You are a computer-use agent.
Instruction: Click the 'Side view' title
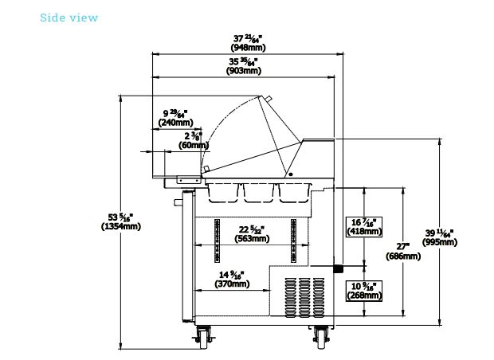[x=69, y=18]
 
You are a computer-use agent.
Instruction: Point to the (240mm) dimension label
[x=175, y=123]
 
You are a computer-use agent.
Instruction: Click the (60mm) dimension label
[x=194, y=145]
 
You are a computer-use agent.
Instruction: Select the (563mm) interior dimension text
[x=255, y=238]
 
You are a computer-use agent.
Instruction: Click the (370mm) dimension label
[x=232, y=284]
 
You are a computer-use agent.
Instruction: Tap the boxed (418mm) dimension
[x=364, y=231]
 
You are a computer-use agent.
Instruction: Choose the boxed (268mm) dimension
[x=364, y=295]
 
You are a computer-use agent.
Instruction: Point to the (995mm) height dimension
[x=439, y=242]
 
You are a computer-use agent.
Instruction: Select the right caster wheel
[x=322, y=336]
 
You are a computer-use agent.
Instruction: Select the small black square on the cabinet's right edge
[x=337, y=268]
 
